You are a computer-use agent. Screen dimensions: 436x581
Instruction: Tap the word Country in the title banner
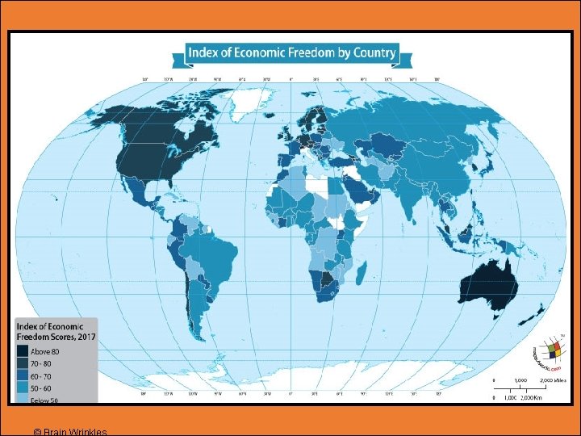pos(374,54)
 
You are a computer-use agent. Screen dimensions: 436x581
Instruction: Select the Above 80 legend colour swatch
pos(23,351)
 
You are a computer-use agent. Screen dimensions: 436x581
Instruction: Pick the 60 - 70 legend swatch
pos(23,375)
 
